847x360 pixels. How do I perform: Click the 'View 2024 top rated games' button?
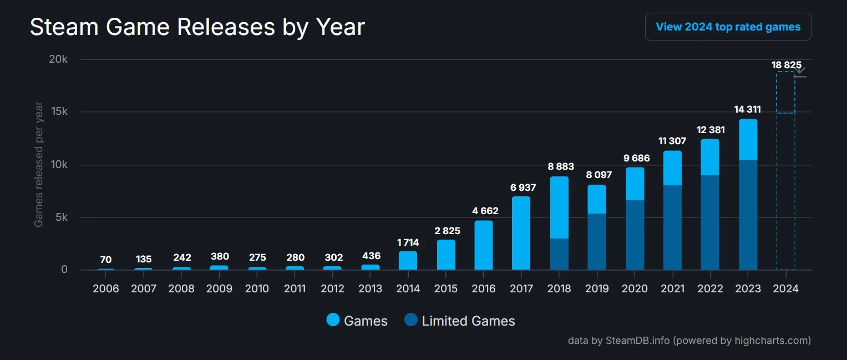(728, 27)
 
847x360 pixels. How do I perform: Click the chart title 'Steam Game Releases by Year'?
(197, 27)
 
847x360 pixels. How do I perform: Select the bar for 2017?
(521, 233)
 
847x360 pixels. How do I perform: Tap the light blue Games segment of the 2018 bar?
(559, 207)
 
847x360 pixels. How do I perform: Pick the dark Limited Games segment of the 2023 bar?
(748, 215)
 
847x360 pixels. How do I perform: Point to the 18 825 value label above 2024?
(786, 65)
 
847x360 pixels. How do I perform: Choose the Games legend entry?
(357, 321)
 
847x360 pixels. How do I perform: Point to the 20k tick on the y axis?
(58, 59)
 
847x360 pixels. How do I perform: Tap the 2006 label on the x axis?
(106, 288)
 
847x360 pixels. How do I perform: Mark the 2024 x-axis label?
(785, 288)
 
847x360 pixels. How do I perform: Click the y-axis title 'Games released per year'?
(39, 164)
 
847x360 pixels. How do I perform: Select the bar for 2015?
(446, 255)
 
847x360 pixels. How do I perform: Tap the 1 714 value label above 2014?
(408, 242)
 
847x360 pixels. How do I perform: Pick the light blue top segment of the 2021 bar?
(672, 168)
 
